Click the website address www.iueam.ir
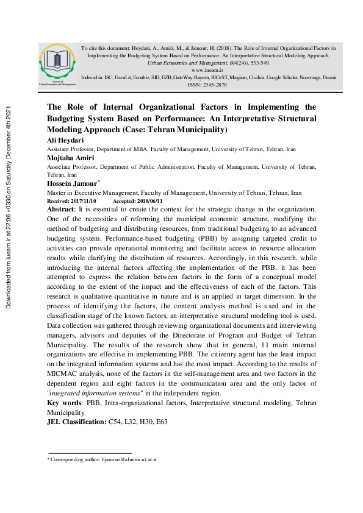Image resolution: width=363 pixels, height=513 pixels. pyautogui.click(x=205, y=70)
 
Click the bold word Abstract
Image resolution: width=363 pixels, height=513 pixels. pyautogui.click(x=60, y=209)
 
